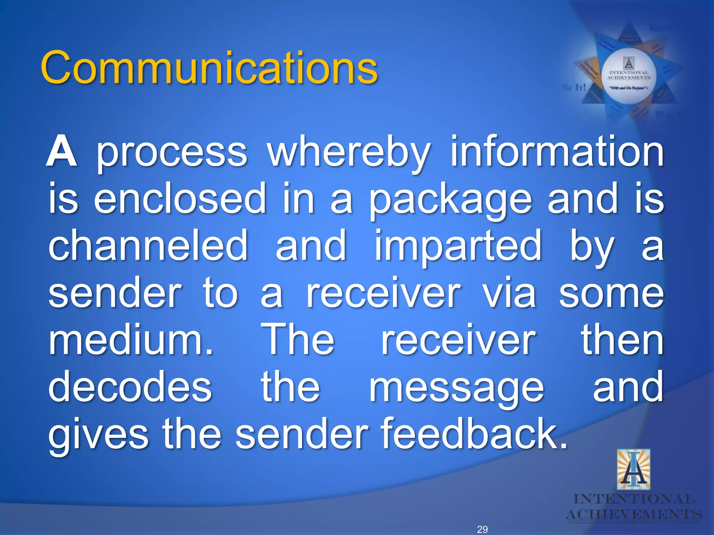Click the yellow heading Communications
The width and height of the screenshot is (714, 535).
coord(209,68)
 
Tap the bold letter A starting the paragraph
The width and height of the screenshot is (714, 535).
coord(61,152)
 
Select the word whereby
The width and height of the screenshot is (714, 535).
coord(349,153)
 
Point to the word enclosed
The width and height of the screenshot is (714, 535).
coord(180,199)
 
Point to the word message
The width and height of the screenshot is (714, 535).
coord(456,388)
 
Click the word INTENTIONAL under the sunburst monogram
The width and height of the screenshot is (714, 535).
coord(634,499)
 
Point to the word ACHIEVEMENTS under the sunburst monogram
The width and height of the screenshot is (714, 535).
coord(634,514)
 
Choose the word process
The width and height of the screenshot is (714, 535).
coord(172,153)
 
